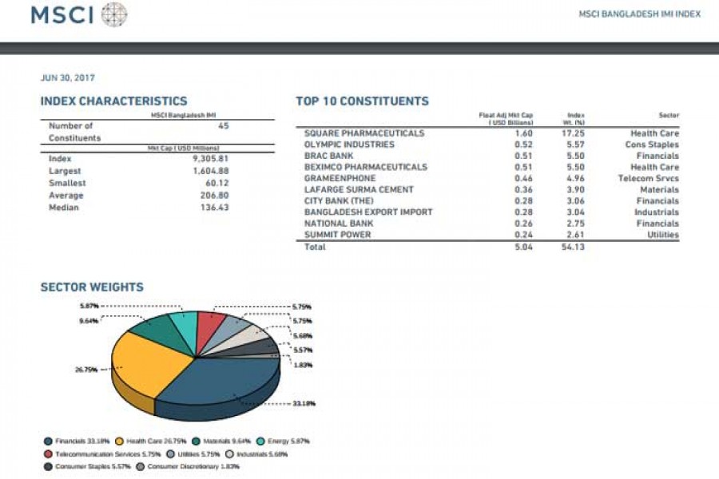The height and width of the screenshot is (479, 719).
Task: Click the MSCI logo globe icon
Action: point(114,14)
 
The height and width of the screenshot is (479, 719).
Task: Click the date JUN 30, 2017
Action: point(68,77)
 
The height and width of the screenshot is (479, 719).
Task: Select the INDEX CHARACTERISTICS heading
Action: point(113,101)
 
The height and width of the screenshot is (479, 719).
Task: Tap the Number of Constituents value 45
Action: point(223,125)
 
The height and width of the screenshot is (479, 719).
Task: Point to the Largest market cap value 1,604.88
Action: point(211,171)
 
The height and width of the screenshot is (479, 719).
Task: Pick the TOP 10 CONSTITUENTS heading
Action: point(362,101)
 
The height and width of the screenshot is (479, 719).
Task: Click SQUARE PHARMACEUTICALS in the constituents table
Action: point(364,133)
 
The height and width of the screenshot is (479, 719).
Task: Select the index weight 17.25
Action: point(574,133)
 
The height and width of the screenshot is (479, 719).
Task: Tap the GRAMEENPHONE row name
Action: point(340,178)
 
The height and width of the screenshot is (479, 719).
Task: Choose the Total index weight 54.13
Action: point(574,247)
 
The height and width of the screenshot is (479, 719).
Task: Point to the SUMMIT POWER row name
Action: point(337,235)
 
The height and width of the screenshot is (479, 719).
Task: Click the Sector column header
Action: point(669,115)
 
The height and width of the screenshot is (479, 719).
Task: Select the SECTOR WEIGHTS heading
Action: point(92,287)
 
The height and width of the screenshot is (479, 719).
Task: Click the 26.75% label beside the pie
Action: point(85,370)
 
